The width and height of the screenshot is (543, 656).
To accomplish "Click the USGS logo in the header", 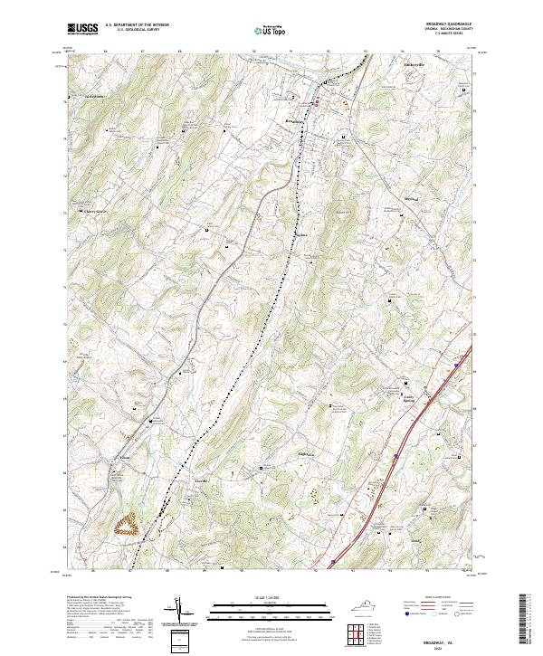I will [x=82, y=29].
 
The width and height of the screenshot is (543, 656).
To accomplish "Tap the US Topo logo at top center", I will [x=271, y=32].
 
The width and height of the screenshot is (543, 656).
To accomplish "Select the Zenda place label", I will [x=417, y=541].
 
